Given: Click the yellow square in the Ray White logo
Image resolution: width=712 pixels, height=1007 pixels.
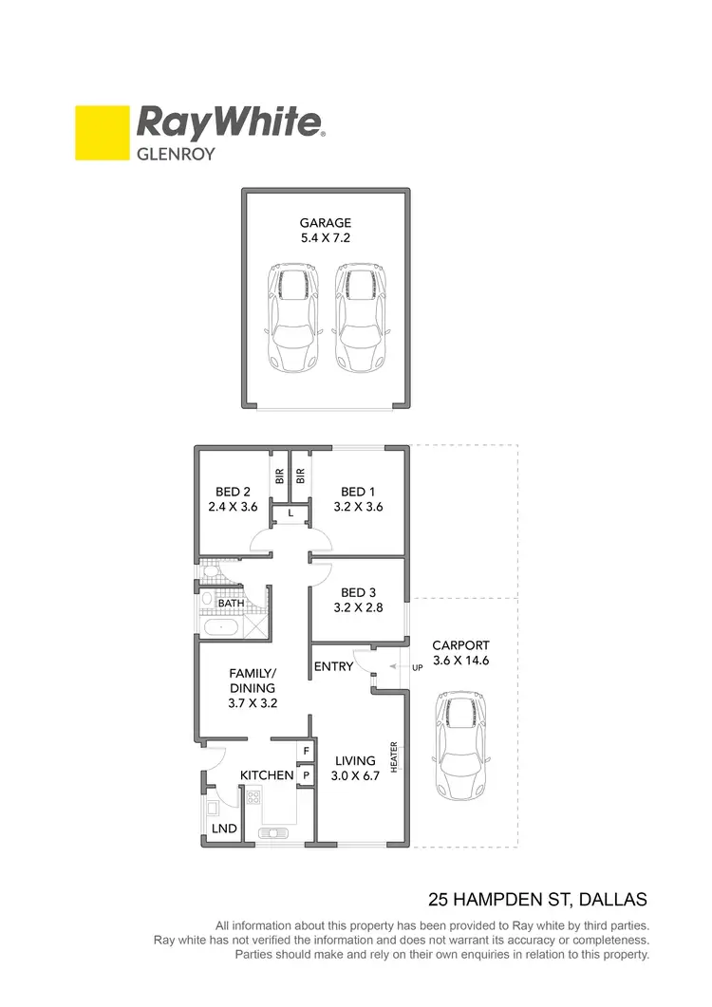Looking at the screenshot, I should pyautogui.click(x=102, y=132).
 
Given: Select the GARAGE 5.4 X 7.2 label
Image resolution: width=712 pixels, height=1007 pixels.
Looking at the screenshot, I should pyautogui.click(x=326, y=231).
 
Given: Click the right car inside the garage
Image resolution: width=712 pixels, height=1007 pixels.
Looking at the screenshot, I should pyautogui.click(x=361, y=317).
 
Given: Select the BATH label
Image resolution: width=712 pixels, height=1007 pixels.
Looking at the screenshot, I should pyautogui.click(x=232, y=604).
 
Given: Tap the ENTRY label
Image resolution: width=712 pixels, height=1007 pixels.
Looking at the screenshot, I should pyautogui.click(x=333, y=666).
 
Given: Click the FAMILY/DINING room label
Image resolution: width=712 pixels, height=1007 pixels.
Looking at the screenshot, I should pyautogui.click(x=253, y=681).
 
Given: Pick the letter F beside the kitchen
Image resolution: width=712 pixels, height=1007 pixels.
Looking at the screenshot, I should pyautogui.click(x=306, y=751).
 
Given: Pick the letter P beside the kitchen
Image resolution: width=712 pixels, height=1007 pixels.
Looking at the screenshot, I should pyautogui.click(x=306, y=774).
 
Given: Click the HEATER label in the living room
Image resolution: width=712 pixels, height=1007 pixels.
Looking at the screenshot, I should pyautogui.click(x=393, y=755).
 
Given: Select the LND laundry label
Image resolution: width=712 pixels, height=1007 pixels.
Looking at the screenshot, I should pyautogui.click(x=225, y=829).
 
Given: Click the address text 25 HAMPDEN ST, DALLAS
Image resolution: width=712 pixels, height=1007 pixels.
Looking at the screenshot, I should pyautogui.click(x=538, y=898).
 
